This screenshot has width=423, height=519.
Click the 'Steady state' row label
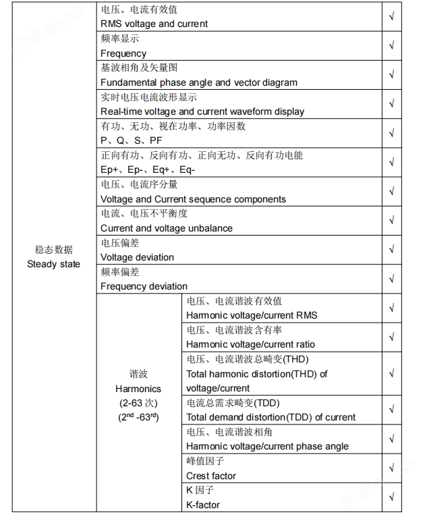[x=53, y=264]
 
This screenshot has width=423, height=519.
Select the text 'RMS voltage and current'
[x=154, y=24]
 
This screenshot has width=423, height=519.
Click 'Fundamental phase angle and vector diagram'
[x=198, y=82]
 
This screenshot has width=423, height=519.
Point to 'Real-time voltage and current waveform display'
[x=202, y=111]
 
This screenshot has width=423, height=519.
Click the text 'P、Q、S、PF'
[x=131, y=140]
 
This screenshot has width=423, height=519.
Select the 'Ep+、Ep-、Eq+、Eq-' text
[x=147, y=169]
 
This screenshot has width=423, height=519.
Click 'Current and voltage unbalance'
[x=166, y=228]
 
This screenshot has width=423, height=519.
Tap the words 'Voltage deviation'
[x=137, y=257]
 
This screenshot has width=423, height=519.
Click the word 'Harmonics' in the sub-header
[x=138, y=389]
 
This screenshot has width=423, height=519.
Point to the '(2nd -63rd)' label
[x=138, y=417]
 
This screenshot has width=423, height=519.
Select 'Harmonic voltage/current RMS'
[x=251, y=315]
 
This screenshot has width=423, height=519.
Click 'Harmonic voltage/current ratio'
[x=250, y=344]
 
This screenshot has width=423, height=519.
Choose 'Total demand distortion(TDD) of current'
[x=271, y=417]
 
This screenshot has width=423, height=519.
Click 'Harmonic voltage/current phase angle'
[x=267, y=446]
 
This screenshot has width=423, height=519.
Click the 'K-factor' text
[x=202, y=505]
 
